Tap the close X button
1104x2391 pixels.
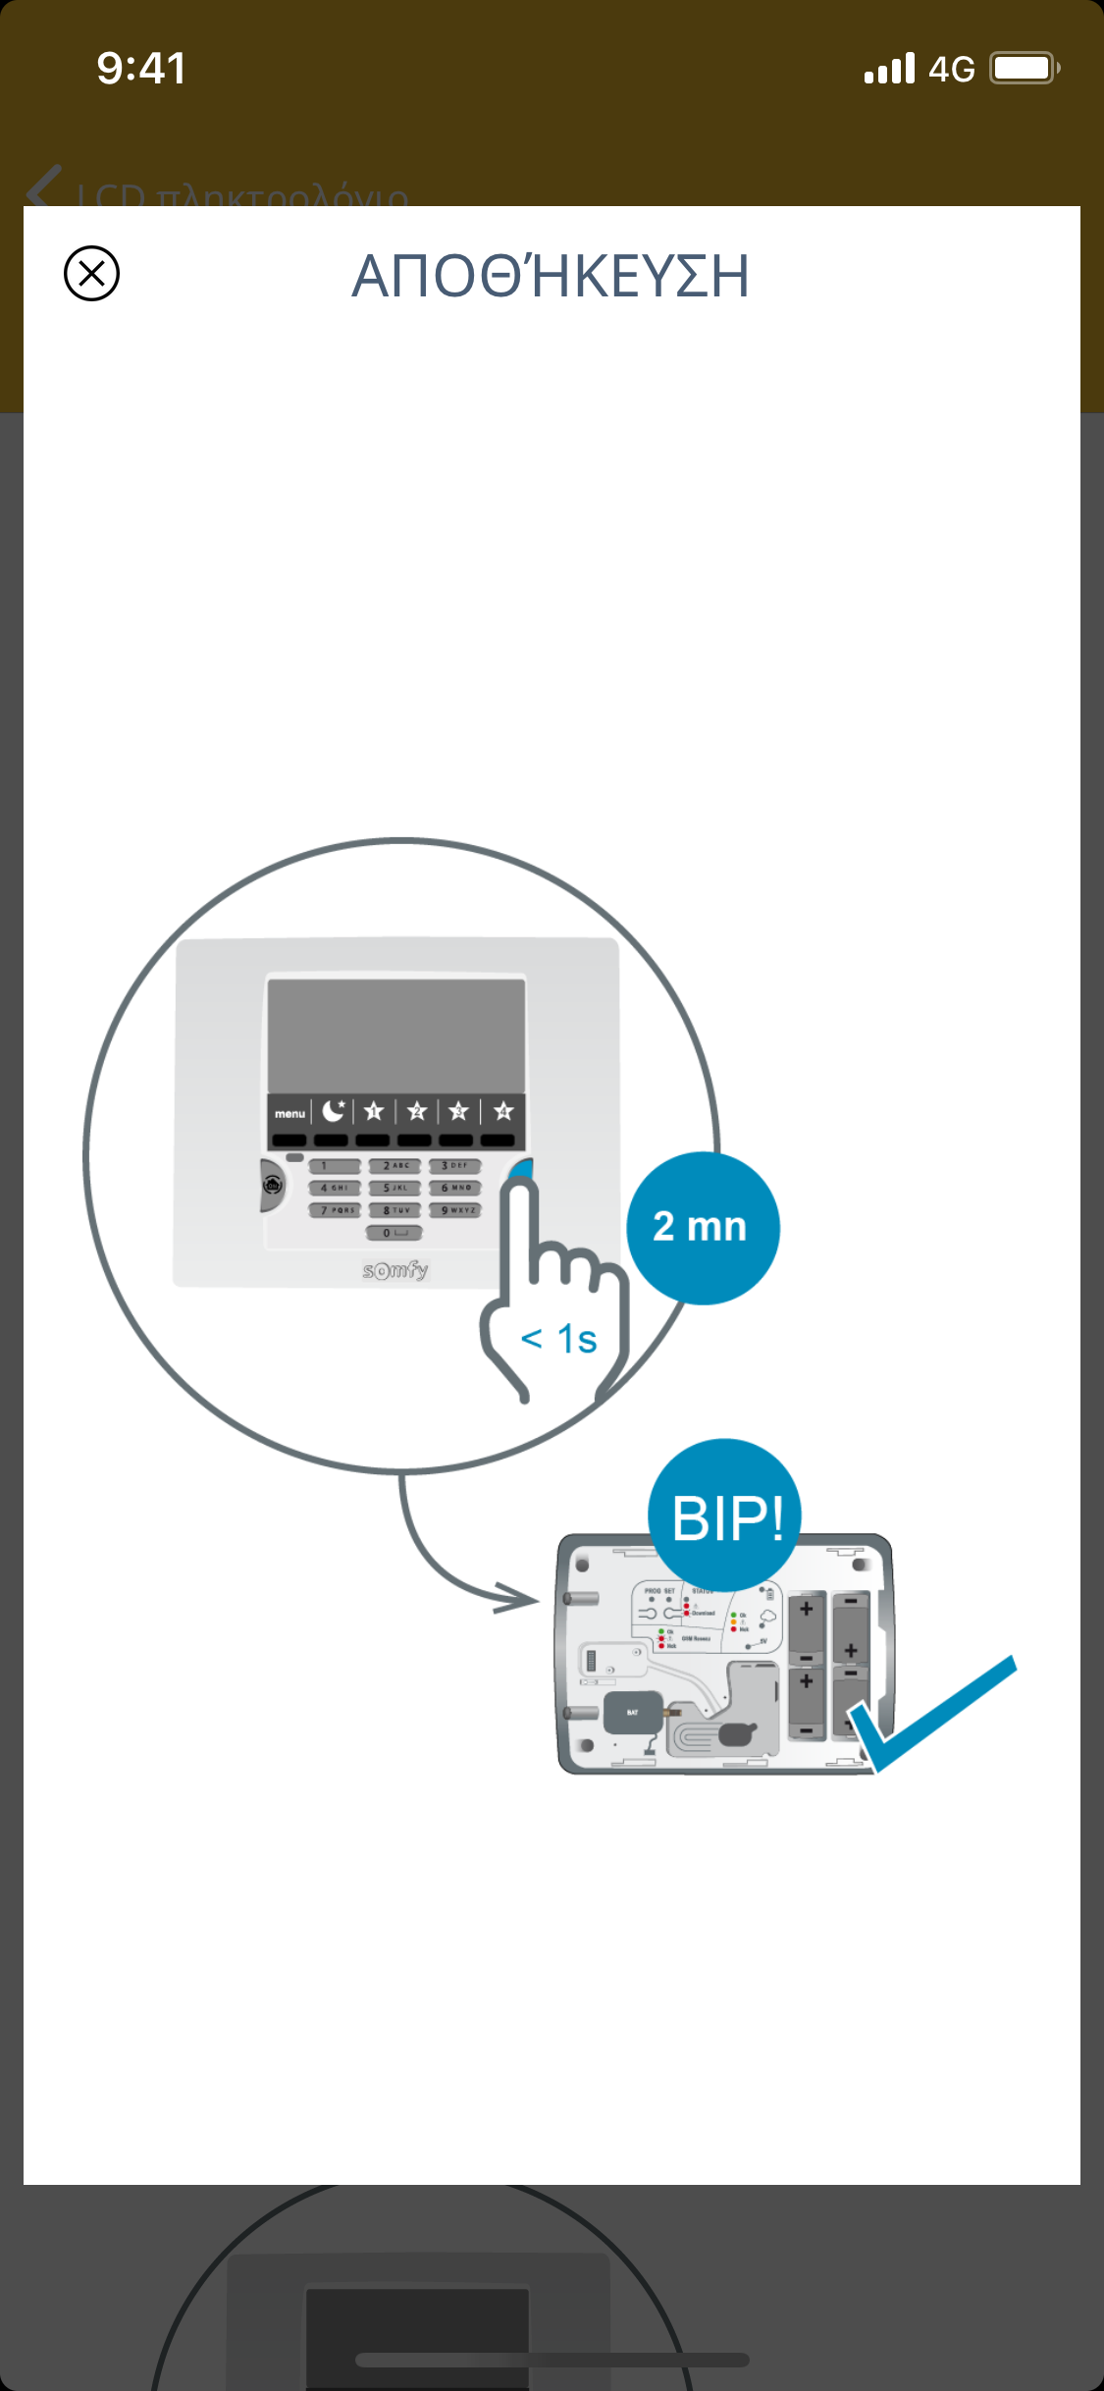coord(91,273)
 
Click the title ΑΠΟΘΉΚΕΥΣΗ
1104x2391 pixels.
coord(551,276)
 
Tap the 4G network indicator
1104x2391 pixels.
coord(951,70)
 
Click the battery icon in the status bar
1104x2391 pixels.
coord(1024,69)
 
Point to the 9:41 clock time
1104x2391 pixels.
coord(141,69)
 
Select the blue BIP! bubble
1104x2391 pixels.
coord(725,1515)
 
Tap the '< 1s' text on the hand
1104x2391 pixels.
coord(558,1339)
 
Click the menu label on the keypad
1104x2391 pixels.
coord(289,1113)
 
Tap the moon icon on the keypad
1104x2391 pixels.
coord(334,1111)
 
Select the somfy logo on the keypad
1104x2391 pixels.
coord(395,1270)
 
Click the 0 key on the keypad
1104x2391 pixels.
coord(394,1233)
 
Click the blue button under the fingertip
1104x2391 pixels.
coord(522,1170)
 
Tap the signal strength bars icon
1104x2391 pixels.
coord(889,70)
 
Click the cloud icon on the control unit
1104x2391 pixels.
coord(767,1616)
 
